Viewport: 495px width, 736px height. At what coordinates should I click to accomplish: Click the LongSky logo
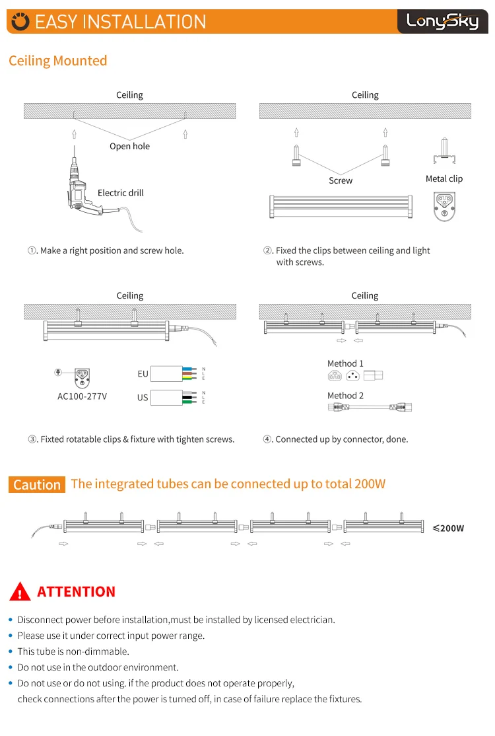[442, 21]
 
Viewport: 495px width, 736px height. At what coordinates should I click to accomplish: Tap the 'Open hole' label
[129, 146]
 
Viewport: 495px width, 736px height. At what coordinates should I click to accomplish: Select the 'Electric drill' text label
[120, 193]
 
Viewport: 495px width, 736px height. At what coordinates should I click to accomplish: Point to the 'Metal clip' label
[444, 179]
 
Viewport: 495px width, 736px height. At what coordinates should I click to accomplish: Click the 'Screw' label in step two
[341, 180]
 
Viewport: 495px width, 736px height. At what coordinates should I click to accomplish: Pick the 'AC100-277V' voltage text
[82, 396]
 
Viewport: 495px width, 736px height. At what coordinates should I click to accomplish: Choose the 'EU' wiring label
[143, 374]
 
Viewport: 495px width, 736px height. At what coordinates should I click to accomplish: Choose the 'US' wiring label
[143, 398]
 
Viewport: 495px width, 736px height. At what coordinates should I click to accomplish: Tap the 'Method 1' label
[345, 363]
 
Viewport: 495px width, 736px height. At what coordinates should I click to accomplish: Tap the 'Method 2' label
[345, 396]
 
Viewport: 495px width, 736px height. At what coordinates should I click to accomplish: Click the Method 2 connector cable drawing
[369, 408]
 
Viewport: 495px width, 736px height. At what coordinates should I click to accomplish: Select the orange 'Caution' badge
[37, 484]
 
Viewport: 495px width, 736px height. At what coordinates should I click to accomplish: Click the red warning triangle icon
[21, 591]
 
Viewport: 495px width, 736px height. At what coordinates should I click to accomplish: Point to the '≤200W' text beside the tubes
[448, 528]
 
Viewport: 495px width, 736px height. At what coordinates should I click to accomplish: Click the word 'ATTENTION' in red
[77, 591]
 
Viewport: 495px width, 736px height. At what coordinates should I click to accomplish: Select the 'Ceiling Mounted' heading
[57, 61]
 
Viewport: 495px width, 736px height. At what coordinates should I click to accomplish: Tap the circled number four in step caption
[268, 439]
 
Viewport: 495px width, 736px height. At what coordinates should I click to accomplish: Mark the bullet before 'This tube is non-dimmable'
[10, 652]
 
